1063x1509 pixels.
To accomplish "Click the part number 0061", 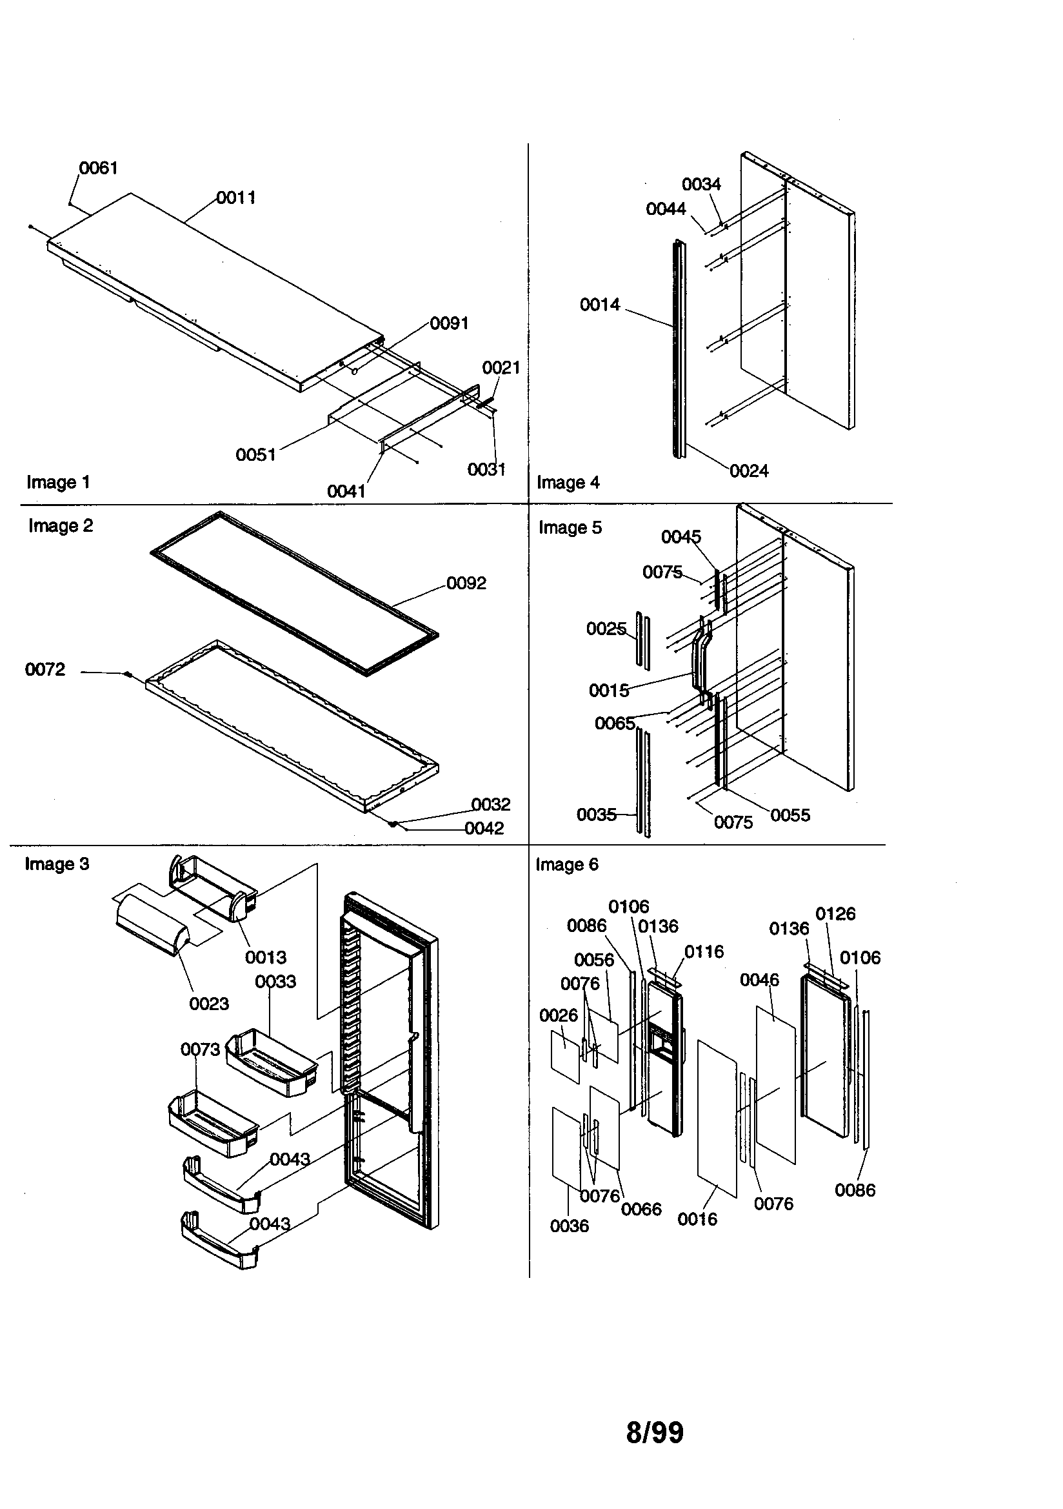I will click(99, 168).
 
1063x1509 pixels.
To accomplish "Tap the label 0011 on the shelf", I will click(236, 198).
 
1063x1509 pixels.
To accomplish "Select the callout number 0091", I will click(450, 323).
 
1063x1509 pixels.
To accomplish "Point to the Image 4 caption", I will click(568, 482).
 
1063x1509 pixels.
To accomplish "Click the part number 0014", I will click(599, 305).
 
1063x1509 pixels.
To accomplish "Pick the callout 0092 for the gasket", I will click(466, 583).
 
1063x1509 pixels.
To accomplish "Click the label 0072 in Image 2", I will click(45, 670).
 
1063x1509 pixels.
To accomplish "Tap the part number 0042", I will click(484, 829).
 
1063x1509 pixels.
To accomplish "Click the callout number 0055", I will click(790, 816).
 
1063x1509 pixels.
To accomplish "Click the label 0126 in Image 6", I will click(835, 914).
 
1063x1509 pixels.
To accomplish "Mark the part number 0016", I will click(697, 1220).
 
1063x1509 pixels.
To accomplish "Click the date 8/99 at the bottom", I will click(654, 1433).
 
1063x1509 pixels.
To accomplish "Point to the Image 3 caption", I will click(57, 864).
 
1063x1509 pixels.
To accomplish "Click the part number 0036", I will click(569, 1226).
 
